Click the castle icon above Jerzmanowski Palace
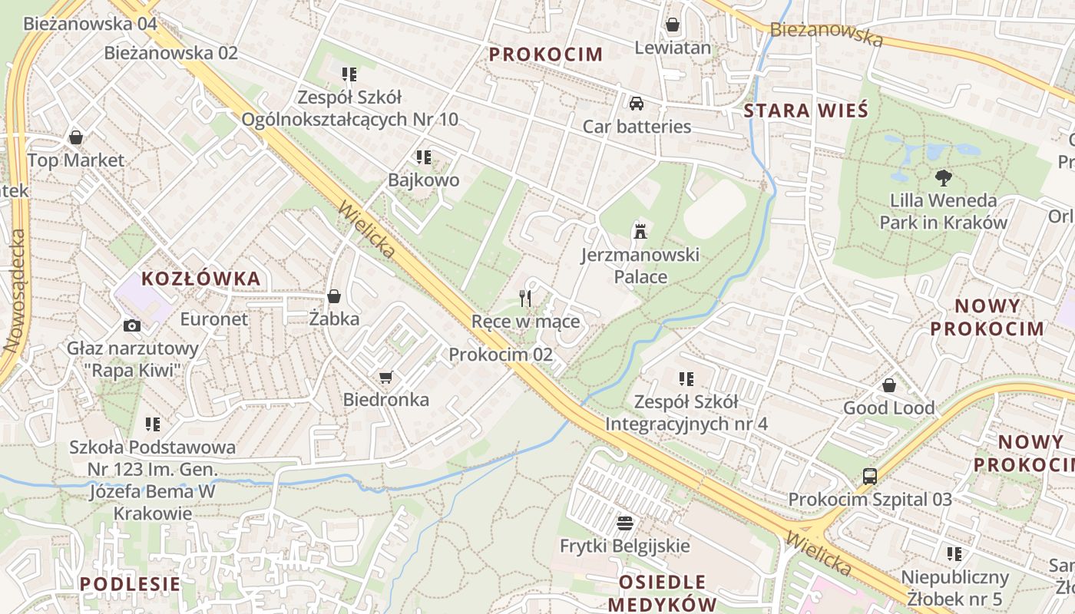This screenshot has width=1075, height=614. (639, 230)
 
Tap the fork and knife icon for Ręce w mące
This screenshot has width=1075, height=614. (525, 298)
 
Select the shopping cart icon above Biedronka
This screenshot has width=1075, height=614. (385, 377)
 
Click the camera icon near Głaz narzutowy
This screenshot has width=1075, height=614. (132, 325)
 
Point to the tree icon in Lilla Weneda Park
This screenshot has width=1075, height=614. (943, 178)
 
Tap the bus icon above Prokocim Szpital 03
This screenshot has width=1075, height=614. (870, 476)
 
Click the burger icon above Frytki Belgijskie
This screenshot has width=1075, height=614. (625, 523)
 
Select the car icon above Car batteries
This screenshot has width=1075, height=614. (637, 103)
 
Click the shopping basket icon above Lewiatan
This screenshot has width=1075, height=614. (673, 25)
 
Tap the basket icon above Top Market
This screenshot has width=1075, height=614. (76, 137)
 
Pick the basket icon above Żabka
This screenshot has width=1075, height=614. (334, 295)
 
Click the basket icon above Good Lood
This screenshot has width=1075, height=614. (889, 385)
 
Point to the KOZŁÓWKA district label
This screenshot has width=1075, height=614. (201, 279)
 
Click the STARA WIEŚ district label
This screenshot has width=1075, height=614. (806, 111)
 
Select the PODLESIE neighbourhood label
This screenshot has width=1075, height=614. (131, 583)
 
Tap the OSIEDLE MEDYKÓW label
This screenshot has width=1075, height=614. (662, 592)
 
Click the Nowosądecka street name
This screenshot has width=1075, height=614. (15, 292)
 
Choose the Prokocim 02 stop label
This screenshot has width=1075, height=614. (501, 355)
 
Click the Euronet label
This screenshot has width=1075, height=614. (214, 319)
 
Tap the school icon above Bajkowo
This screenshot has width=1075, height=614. (424, 157)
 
